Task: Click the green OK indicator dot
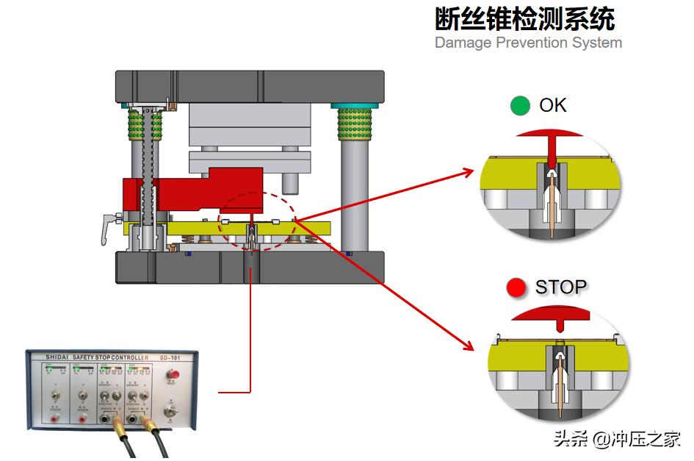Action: coord(520,106)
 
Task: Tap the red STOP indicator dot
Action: coord(516,287)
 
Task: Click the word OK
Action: coord(553,106)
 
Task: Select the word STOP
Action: coord(561,287)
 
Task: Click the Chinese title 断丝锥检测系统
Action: coord(524,18)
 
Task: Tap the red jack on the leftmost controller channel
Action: coord(54,419)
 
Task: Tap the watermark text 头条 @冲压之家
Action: coord(616,440)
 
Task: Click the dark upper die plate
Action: coord(250,86)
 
